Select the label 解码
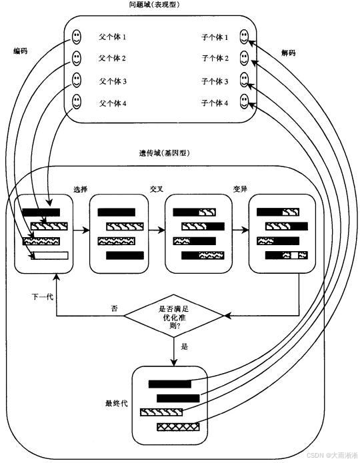click(287, 53)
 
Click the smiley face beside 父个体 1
click(77, 36)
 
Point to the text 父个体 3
click(113, 81)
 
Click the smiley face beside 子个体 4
click(245, 102)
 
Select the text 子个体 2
click(215, 59)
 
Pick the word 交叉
click(157, 189)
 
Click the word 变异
click(240, 189)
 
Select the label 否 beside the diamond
click(114, 308)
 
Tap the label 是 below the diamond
click(185, 347)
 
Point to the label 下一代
click(42, 296)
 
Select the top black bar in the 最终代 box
click(169, 384)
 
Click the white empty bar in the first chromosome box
click(51, 254)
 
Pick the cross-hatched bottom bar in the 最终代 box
click(178, 426)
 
